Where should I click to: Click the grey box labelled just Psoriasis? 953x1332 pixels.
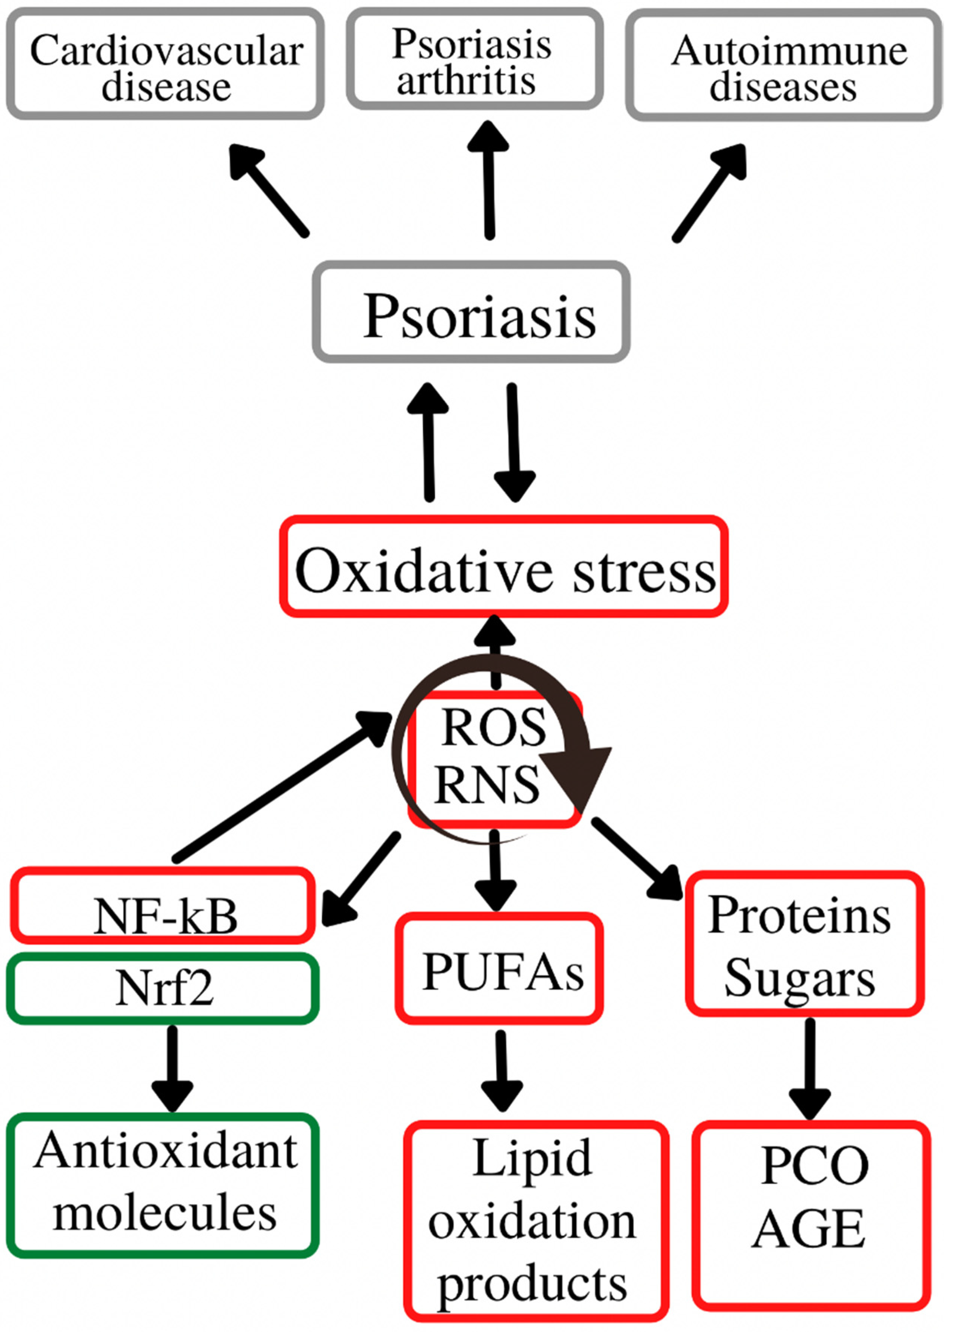(x=471, y=312)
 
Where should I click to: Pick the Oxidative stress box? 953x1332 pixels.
(x=503, y=567)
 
